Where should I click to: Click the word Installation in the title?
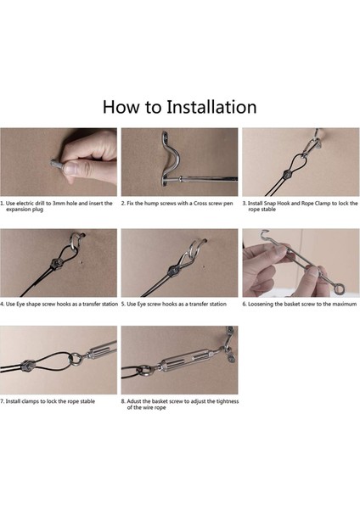pyautogui.click(x=211, y=107)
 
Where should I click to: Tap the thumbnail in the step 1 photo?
pyautogui.click(x=71, y=169)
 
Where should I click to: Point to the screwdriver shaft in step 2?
pyautogui.click(x=208, y=179)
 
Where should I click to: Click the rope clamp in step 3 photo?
pyautogui.click(x=287, y=174)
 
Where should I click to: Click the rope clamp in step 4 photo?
pyautogui.click(x=55, y=262)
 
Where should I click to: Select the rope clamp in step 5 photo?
pyautogui.click(x=173, y=271)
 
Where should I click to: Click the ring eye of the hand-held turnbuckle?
pyautogui.click(x=338, y=288)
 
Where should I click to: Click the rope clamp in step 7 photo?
pyautogui.click(x=27, y=366)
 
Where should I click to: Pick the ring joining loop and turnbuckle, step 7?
pyautogui.click(x=76, y=360)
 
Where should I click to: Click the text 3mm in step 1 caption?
pyautogui.click(x=59, y=204)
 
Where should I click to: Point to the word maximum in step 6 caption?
pyautogui.click(x=345, y=305)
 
